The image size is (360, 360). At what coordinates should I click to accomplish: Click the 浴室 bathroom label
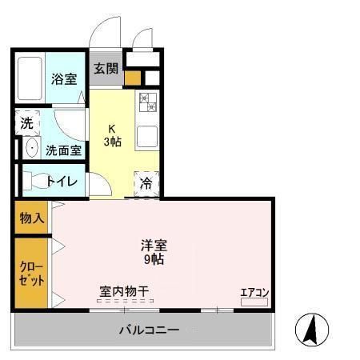click(x=64, y=78)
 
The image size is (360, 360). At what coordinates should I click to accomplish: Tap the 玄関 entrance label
click(x=105, y=68)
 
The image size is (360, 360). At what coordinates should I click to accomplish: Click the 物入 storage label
click(x=32, y=217)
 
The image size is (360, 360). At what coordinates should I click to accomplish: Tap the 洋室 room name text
click(x=154, y=245)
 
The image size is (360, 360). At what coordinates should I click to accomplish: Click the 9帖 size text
click(x=154, y=259)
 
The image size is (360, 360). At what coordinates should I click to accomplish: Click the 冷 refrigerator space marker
click(x=146, y=183)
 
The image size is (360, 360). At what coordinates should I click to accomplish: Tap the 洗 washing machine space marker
click(x=27, y=123)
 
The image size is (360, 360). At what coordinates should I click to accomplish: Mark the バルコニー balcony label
click(x=149, y=329)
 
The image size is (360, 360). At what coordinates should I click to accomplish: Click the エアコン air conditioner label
click(x=254, y=291)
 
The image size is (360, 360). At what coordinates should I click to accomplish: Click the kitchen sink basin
click(x=148, y=136)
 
